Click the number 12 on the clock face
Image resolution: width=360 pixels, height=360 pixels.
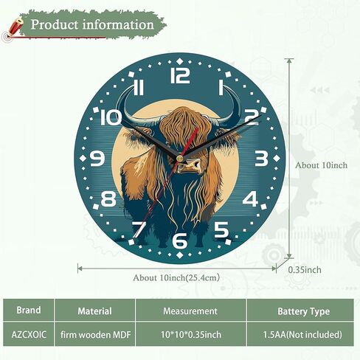[180, 75]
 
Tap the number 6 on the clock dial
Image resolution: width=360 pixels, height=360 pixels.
[180, 240]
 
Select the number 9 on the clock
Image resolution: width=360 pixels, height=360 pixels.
[97, 159]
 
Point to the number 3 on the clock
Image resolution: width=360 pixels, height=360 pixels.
[261, 159]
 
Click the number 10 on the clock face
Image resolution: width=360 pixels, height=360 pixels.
[111, 117]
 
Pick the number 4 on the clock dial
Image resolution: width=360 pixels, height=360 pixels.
[250, 199]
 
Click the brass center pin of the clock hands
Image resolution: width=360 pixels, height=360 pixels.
[180, 158]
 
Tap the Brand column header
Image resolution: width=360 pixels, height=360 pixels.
[29, 310]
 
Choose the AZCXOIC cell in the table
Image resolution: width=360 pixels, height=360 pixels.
[29, 334]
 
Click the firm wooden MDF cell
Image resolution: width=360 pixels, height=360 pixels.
[95, 334]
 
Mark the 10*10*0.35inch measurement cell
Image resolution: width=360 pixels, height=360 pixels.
[191, 334]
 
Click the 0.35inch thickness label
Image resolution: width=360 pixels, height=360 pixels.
[305, 270]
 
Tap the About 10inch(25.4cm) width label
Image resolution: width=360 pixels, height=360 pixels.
[176, 278]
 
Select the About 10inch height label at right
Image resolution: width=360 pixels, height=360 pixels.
[322, 165]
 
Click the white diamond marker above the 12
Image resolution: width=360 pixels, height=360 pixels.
[180, 61]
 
